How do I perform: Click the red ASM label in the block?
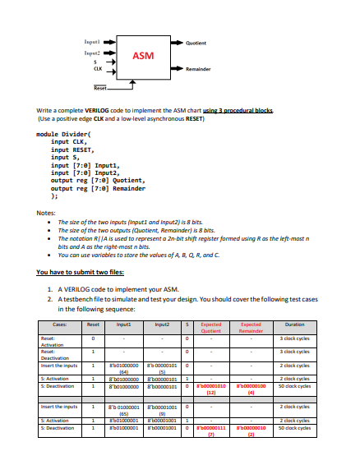144,55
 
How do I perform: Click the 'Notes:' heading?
46,214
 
